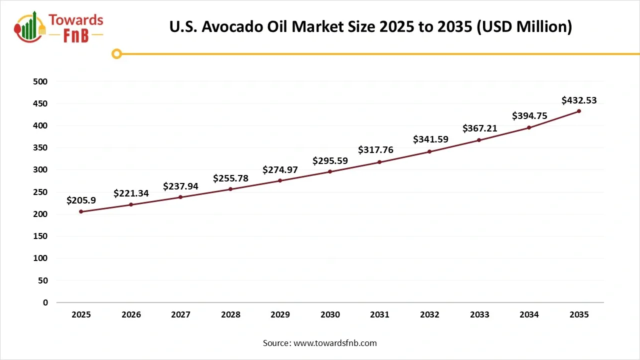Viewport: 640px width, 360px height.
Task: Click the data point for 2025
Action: [81, 211]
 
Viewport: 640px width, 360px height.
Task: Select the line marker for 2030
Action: [330, 171]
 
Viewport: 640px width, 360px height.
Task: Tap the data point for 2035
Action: [579, 111]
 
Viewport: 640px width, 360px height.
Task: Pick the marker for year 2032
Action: [429, 151]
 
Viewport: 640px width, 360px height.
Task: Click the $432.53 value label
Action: [579, 100]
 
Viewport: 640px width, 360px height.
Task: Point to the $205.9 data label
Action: [81, 200]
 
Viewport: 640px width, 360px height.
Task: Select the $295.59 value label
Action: [330, 161]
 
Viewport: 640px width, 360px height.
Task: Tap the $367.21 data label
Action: [479, 128]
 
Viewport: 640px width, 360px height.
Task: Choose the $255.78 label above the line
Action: [230, 178]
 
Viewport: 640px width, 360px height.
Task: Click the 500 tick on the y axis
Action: [41, 81]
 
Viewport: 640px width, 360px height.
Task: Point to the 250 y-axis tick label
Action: [41, 192]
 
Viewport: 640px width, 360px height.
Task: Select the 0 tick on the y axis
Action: [45, 302]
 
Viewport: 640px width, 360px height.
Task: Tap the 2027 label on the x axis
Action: [180, 314]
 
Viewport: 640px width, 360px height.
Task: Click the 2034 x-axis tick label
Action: [529, 314]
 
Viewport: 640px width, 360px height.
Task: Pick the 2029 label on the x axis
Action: [280, 314]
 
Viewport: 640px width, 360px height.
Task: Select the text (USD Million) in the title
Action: [524, 26]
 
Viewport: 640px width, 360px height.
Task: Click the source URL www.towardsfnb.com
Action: [335, 343]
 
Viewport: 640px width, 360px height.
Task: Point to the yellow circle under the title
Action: [116, 53]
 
